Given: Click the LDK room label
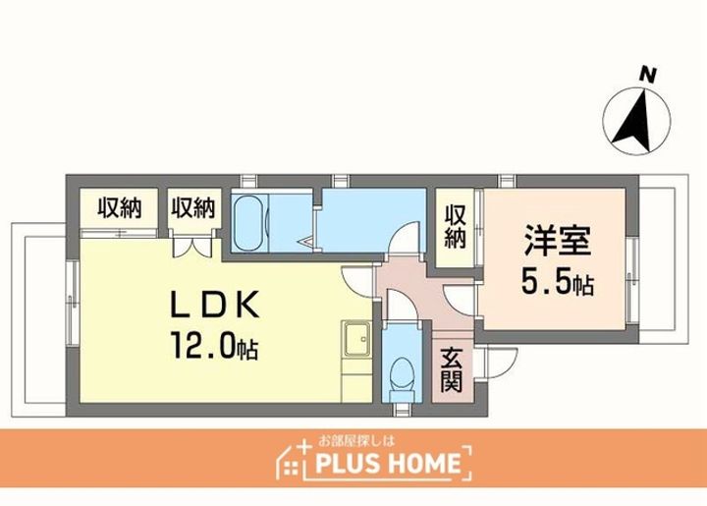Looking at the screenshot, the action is (214, 305).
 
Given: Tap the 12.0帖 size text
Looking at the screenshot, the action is (214, 346).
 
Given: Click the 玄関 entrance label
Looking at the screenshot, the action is (452, 370).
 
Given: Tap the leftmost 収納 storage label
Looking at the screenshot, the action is (120, 208).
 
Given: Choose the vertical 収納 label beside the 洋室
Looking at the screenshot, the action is (455, 227).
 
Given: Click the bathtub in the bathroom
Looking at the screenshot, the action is (250, 222).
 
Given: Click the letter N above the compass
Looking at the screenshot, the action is (648, 74).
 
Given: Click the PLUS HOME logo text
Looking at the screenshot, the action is (388, 463).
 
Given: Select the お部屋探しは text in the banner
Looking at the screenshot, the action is (356, 440).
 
